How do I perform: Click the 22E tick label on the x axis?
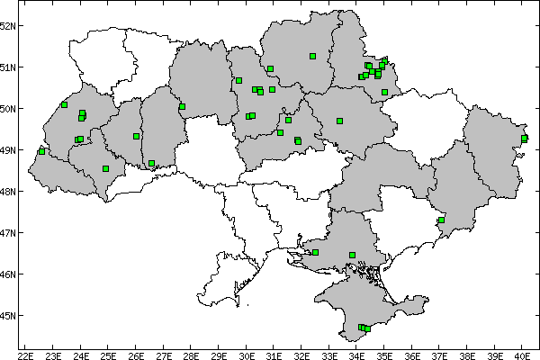[26, 355]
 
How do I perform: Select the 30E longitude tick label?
[247, 355]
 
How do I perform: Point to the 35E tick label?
[384, 355]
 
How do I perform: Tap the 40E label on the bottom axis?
[522, 355]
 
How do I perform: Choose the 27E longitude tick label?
[164, 355]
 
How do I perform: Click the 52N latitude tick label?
[9, 25]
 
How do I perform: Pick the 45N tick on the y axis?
[9, 316]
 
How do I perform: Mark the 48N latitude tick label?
[9, 192]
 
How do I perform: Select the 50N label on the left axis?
[9, 109]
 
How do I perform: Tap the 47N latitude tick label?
[9, 233]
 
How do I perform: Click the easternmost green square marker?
[524, 138]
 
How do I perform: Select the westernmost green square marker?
[41, 151]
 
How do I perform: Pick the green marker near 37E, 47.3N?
[441, 220]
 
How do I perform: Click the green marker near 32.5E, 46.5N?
[315, 252]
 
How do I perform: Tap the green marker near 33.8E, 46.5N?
[352, 255]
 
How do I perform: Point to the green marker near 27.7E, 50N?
[182, 106]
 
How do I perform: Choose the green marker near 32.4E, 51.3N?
[312, 56]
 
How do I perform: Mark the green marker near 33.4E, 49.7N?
[339, 121]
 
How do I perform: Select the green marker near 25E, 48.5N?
[106, 168]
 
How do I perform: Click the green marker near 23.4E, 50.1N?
[64, 104]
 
